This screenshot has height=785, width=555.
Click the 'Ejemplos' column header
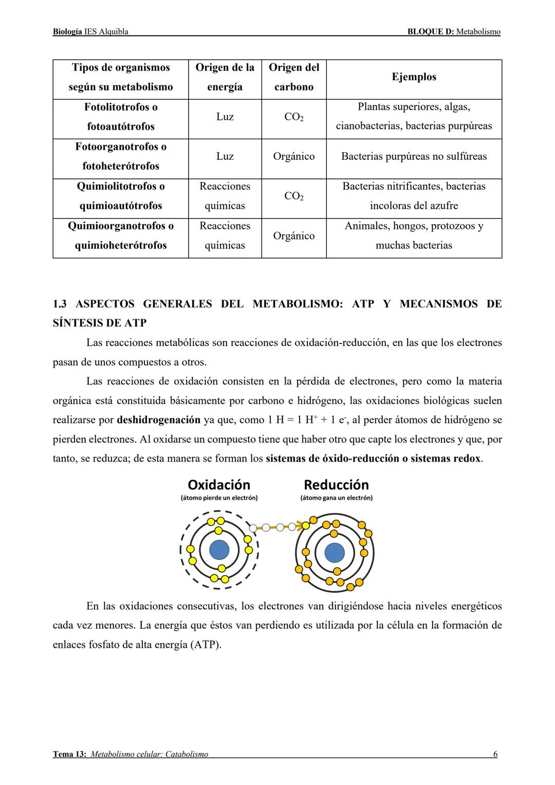coord(414,77)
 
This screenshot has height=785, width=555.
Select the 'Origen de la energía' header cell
coord(225,77)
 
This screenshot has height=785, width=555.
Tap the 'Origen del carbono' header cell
coord(294,77)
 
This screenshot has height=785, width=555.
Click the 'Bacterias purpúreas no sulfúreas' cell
coord(414,156)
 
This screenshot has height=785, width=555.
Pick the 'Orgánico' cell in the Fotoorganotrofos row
coord(294,156)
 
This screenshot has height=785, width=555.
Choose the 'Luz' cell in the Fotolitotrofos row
coord(225,117)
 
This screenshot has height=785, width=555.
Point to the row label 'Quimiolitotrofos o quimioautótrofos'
coord(121,196)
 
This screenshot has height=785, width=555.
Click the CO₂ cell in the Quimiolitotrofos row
coord(294,196)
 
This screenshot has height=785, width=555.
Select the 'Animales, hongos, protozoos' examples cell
coord(414,235)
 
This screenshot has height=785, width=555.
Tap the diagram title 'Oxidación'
coord(219,485)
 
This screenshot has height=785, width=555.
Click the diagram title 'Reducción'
coord(336,485)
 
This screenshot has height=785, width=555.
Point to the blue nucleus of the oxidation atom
coord(219,550)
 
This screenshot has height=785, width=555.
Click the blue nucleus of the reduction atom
coord(335,553)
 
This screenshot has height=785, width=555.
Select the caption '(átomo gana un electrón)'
coord(337,498)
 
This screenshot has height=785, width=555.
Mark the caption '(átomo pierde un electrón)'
coord(219,498)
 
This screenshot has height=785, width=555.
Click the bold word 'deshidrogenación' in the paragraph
coord(158,420)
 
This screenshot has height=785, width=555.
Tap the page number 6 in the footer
coord(495,754)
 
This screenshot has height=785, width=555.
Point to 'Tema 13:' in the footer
coord(70,754)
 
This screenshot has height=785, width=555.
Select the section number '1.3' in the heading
coord(60,304)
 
